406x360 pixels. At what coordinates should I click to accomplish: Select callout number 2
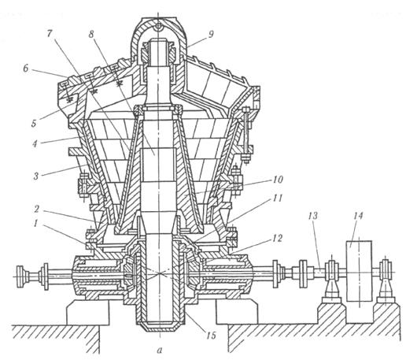point(38,210)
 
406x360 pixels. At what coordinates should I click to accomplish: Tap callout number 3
point(36,176)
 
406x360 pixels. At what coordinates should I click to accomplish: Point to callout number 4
point(35,143)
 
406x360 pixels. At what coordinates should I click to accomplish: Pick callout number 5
point(34,123)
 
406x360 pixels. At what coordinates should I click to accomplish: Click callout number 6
point(26,69)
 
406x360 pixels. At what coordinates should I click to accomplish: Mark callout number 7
point(50,34)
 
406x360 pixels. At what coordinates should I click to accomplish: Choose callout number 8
point(91,34)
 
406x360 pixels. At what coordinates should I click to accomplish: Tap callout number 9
point(212,34)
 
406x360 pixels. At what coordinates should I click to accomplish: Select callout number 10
point(278,180)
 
